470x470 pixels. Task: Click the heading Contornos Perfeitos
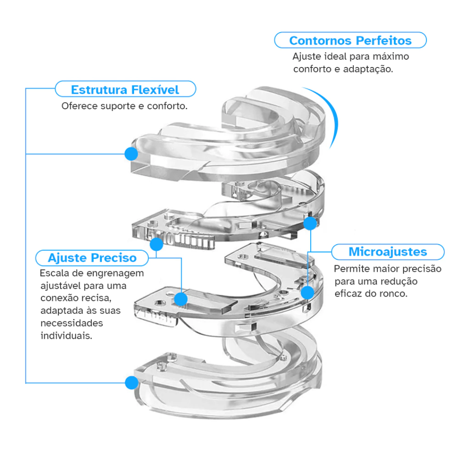[350, 40]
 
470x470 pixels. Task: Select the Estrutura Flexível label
[125, 89]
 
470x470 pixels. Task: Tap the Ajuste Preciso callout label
[92, 257]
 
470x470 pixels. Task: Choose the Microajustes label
[387, 252]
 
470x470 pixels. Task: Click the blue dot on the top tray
[132, 153]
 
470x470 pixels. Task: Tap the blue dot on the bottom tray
[132, 382]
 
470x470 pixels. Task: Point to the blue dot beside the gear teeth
[156, 244]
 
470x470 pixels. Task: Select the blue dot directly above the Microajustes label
[311, 224]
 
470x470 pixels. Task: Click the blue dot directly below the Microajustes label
[308, 292]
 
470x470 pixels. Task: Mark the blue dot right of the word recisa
[181, 299]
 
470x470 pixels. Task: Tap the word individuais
[66, 336]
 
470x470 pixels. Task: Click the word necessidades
[72, 323]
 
